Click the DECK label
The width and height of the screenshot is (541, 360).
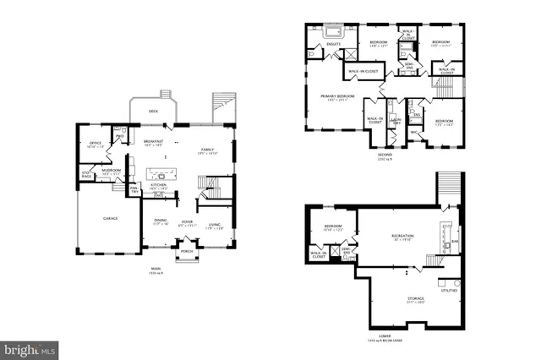153,110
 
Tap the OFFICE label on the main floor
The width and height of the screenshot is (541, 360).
96,143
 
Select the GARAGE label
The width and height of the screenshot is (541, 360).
110,218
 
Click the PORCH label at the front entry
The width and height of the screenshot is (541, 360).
186,250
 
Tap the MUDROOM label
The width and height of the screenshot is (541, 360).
112,170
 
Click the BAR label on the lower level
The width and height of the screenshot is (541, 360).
455,241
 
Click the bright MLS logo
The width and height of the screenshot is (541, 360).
30,348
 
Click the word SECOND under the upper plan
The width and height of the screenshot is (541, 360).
385,155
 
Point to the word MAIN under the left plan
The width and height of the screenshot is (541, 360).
154,269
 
